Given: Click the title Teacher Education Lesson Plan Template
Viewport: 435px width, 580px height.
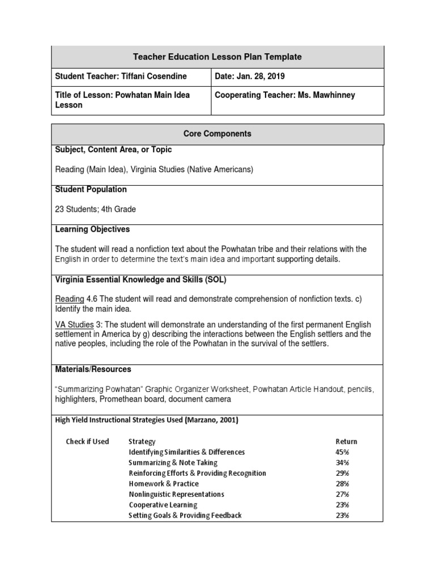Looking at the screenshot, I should click(217, 57).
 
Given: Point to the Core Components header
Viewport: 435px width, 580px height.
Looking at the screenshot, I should click(217, 134).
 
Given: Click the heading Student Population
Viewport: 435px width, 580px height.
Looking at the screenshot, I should click(91, 189).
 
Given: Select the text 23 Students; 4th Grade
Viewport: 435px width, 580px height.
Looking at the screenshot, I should click(95, 209).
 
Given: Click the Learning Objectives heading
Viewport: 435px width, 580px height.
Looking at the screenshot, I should click(92, 229).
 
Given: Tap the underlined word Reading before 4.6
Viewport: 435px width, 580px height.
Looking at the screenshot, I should click(70, 299).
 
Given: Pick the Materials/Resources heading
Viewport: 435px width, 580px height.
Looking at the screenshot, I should click(93, 369).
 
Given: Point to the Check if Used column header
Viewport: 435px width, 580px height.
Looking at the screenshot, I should click(87, 441).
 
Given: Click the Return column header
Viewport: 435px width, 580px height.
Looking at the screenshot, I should click(346, 441).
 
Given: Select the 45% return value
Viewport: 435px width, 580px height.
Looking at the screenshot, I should click(342, 452).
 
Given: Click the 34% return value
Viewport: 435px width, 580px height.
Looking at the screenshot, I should click(342, 462).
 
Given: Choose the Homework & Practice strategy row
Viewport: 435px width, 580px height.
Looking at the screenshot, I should click(164, 484).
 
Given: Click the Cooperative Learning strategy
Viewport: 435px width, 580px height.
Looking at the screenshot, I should click(163, 505).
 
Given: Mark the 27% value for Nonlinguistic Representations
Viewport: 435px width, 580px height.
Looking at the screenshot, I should click(342, 494).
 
